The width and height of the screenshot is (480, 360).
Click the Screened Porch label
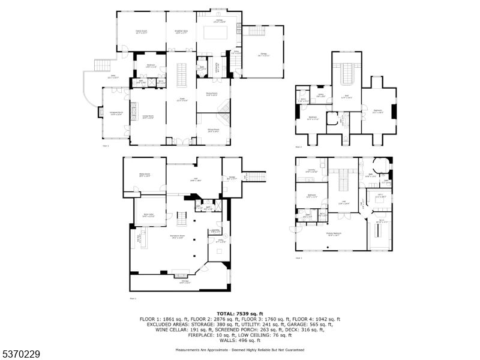[116, 113]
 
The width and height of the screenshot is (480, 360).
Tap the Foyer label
[182, 100]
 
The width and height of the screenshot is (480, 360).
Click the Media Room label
[144, 175]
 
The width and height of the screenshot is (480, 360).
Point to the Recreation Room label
[177, 237]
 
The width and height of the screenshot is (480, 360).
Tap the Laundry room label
[311, 172]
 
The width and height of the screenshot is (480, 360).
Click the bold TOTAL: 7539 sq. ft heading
[239, 313]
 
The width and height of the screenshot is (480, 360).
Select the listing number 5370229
[21, 354]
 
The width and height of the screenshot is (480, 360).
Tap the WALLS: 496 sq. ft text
[239, 340]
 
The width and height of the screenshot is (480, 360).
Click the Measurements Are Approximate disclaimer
[239, 350]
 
